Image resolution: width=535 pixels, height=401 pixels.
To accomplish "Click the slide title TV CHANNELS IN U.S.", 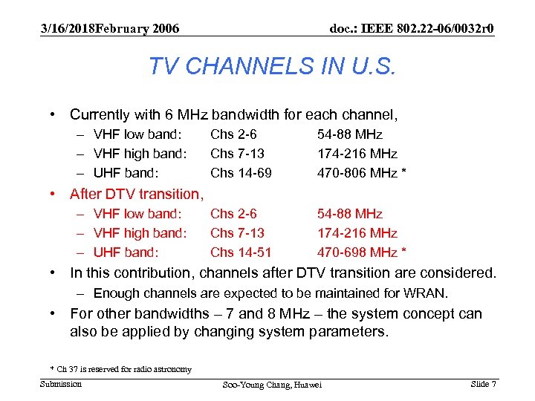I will click(273, 66).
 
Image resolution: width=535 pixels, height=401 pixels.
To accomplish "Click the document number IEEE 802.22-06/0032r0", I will click(412, 28).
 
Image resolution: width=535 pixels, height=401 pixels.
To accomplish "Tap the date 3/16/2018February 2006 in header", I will click(110, 28).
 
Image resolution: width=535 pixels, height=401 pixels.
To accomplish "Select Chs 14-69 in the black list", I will click(241, 173).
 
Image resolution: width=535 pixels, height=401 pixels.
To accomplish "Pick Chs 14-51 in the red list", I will click(241, 252).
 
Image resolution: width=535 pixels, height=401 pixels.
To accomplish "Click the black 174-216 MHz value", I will click(357, 154).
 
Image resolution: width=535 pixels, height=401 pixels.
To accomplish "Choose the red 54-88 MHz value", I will click(350, 213).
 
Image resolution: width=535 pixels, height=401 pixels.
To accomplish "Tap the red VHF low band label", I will click(137, 213).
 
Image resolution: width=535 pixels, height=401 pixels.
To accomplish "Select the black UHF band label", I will click(126, 173).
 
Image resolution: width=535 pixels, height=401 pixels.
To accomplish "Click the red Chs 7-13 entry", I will click(237, 232).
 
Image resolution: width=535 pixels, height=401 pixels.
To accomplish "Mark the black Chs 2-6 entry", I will click(233, 134).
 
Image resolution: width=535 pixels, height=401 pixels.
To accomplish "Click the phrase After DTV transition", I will click(136, 194).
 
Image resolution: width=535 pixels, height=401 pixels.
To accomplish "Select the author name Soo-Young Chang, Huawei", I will click(272, 385).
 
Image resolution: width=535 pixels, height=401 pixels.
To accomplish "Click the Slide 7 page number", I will click(483, 383).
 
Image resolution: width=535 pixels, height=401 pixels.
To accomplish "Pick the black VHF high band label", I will click(140, 154).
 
